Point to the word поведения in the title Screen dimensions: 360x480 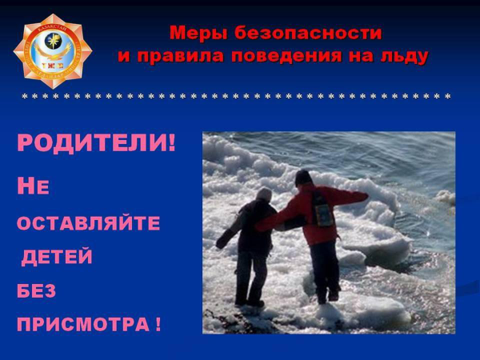pos(290,57)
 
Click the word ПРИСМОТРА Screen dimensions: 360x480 pos(81,326)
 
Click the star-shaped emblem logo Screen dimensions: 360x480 pos(52,50)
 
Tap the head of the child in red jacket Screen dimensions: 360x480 pos(302,177)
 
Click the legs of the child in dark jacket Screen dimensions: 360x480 pos(250,276)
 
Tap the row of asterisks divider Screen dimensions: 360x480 pos(236,97)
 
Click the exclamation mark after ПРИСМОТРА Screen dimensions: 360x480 pos(157,326)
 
